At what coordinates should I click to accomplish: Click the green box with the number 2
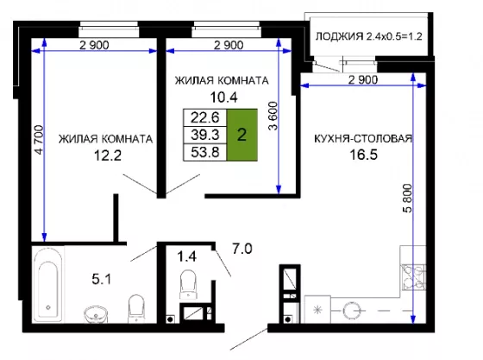click(x=242, y=135)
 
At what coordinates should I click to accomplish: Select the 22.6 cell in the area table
click(x=205, y=117)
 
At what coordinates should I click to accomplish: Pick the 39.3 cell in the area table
click(x=205, y=135)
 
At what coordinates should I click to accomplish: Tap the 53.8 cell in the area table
click(x=205, y=152)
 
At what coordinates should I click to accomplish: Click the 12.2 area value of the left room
click(x=108, y=155)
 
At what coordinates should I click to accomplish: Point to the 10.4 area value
click(x=224, y=98)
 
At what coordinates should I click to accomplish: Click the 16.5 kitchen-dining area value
click(x=363, y=155)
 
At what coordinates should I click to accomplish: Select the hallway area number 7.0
click(x=242, y=249)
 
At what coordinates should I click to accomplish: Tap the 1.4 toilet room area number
click(x=186, y=256)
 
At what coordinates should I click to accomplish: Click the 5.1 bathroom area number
click(x=102, y=279)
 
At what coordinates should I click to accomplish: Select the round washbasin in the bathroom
click(x=96, y=314)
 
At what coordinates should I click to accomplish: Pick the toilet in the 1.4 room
click(x=188, y=284)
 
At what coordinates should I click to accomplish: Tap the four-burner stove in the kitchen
click(x=413, y=277)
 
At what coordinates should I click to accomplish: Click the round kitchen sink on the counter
click(x=351, y=311)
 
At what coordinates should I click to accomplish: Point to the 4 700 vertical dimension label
click(x=39, y=139)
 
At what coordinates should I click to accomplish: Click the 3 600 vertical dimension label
click(x=273, y=116)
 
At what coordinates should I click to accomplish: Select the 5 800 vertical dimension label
click(x=407, y=198)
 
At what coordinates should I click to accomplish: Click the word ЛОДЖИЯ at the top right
click(x=340, y=36)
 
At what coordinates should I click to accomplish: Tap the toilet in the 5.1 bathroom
click(x=136, y=308)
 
